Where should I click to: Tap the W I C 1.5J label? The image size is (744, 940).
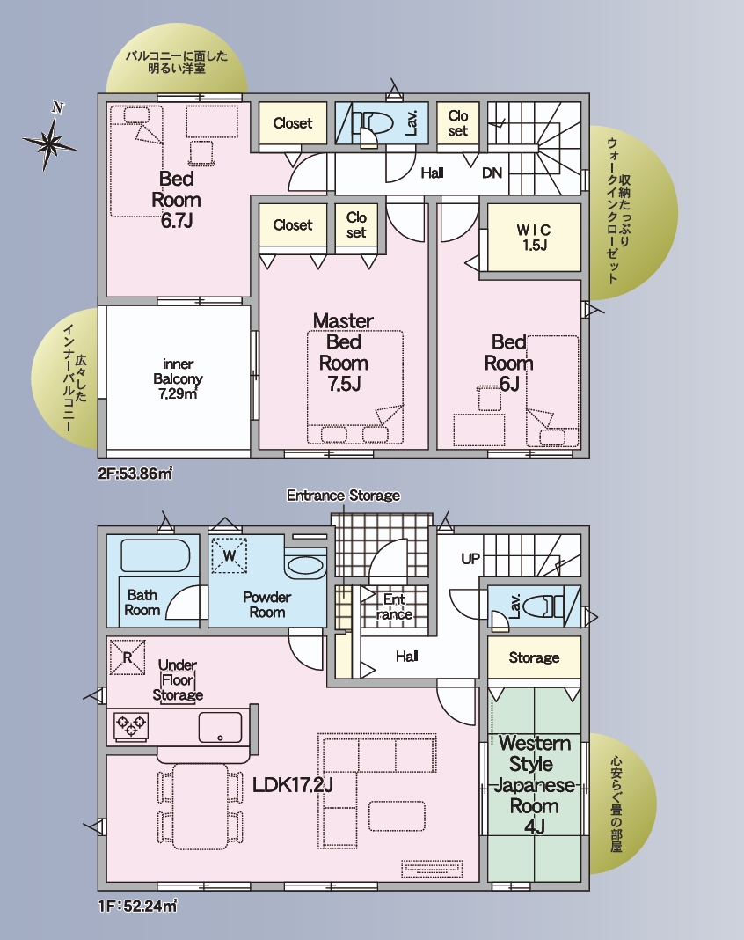point(533,238)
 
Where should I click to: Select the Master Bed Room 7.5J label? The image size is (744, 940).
point(343,352)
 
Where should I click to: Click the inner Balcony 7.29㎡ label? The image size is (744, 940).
point(178,378)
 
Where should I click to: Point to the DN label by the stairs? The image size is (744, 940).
point(492,173)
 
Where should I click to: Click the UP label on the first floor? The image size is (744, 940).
point(470,559)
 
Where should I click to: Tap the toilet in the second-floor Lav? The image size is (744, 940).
point(373,123)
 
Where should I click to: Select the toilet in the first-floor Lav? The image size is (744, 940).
point(543,606)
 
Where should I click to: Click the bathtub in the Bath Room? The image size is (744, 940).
point(156,555)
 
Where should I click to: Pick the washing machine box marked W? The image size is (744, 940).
point(230,555)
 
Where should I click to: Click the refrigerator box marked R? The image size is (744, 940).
point(128,657)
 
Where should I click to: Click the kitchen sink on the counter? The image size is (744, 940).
point(221,727)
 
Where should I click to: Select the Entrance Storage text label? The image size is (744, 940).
point(343,496)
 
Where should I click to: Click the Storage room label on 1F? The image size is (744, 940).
point(534,657)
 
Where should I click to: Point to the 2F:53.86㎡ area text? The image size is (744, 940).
point(135,474)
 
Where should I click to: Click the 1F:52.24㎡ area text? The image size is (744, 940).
point(137,905)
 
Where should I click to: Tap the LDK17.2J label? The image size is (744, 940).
point(292,785)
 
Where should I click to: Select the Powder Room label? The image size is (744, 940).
point(266,605)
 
